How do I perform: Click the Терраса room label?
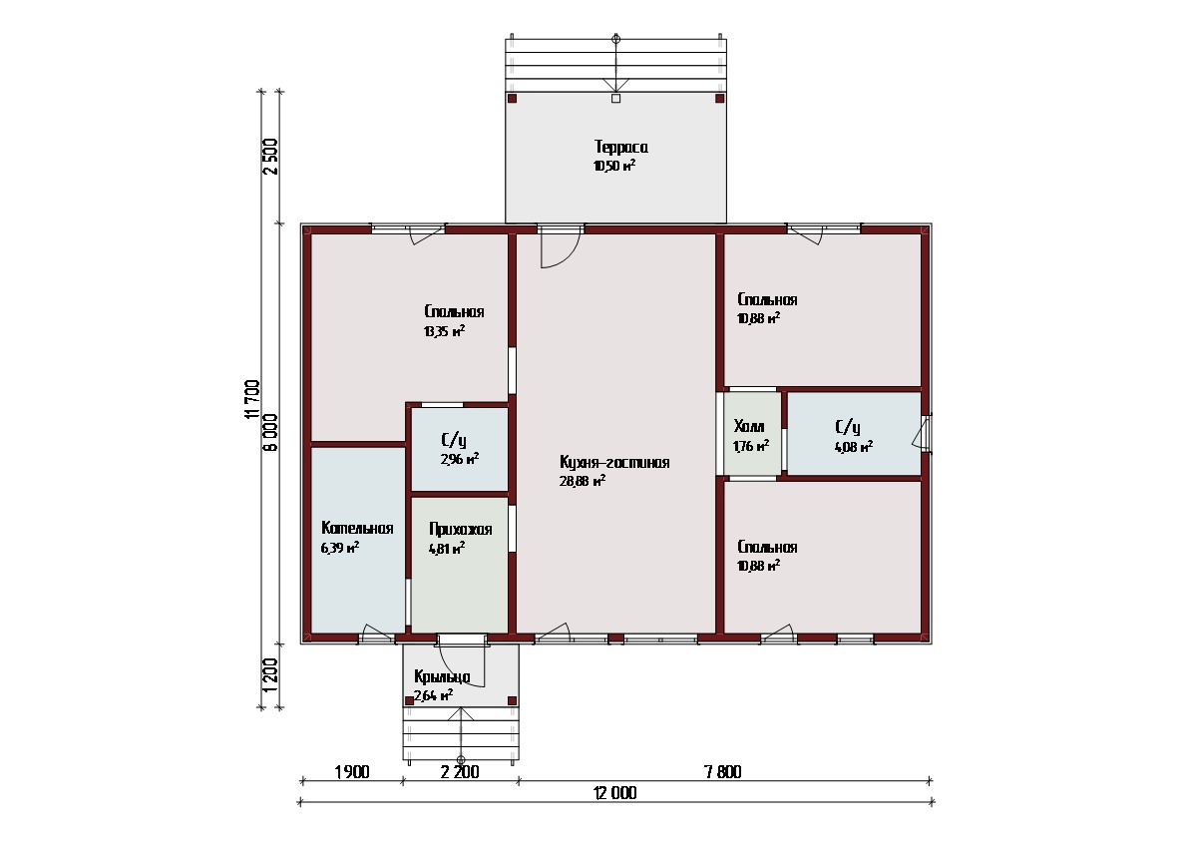[620, 148]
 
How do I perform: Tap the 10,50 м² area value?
[614, 166]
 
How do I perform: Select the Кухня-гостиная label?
[614, 462]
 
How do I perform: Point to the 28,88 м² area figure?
[583, 481]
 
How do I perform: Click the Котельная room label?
[357, 528]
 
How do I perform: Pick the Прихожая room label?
[461, 529]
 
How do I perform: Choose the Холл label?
[749, 427]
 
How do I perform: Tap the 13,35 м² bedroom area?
[445, 331]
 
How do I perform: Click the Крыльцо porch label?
[442, 676]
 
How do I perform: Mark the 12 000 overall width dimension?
[615, 793]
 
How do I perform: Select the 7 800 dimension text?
[723, 772]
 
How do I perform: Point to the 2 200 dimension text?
[460, 772]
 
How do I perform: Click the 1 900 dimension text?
[352, 772]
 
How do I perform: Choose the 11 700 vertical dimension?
[253, 399]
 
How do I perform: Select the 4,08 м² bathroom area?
[854, 447]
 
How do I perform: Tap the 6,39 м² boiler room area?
[340, 548]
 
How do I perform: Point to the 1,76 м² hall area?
[751, 446]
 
